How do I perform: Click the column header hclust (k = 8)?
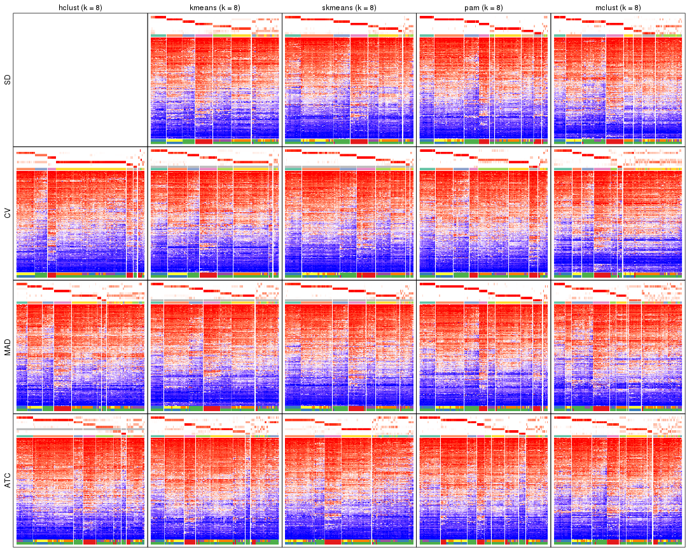tap(80, 8)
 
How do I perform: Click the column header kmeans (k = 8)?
tap(214, 8)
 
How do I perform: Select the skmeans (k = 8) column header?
tap(349, 8)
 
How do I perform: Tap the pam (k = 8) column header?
tap(483, 8)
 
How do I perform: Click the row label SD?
tap(8, 80)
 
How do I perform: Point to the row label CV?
tap(8, 213)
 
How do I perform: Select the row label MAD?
tap(8, 348)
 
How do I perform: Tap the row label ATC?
tap(8, 481)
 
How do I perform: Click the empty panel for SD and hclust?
tap(80, 80)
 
